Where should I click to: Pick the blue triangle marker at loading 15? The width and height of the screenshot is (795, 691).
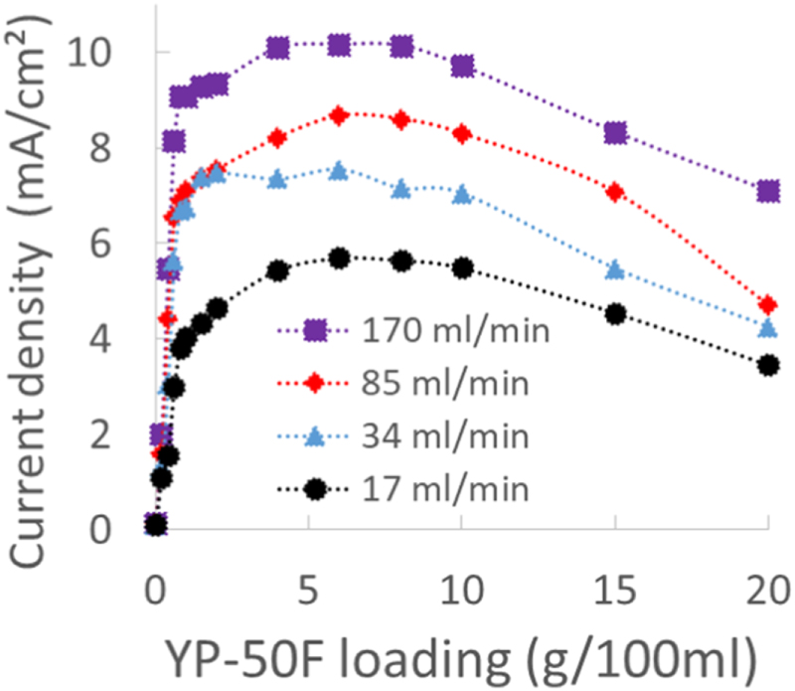615,269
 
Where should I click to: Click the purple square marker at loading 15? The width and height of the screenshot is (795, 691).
615,132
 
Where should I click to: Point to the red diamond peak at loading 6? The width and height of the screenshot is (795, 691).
339,115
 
